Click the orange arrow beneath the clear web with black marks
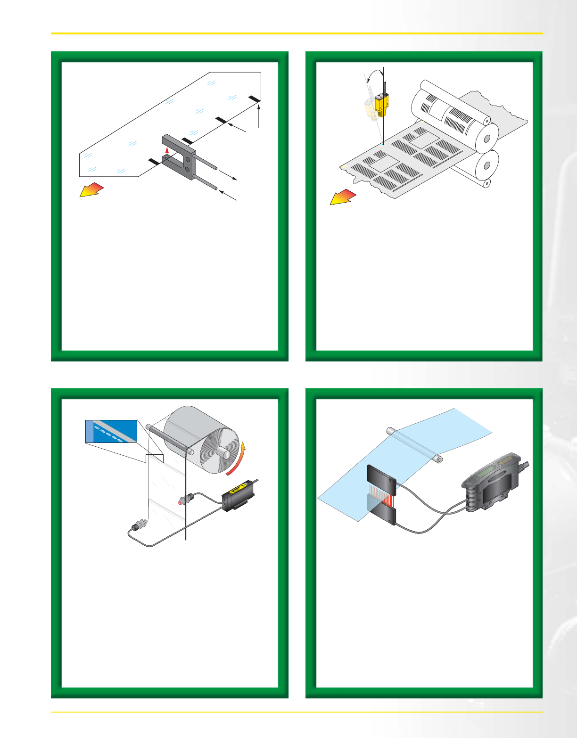(x=91, y=189)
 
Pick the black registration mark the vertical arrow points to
(x=255, y=98)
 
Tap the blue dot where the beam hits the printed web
(x=384, y=143)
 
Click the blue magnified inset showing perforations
(x=111, y=431)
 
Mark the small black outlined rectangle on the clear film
(x=155, y=459)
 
